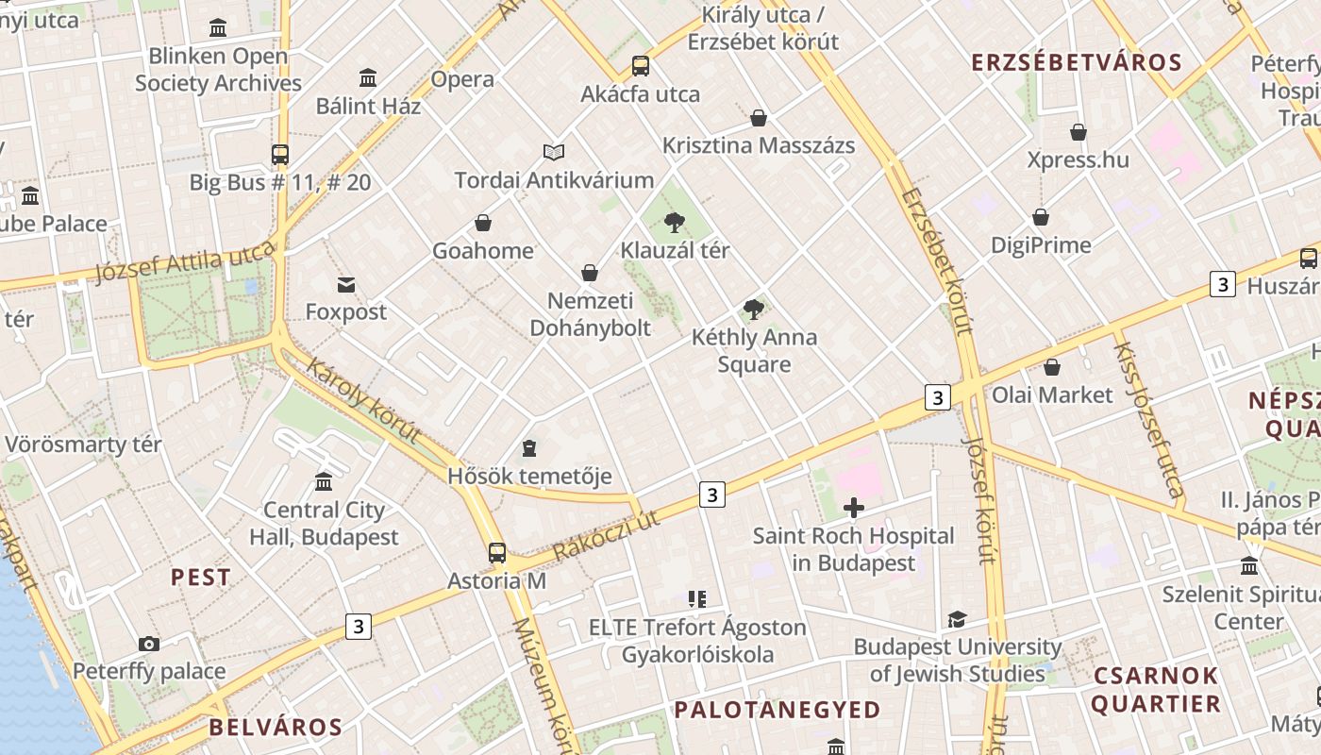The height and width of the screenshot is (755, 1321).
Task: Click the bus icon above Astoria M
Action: [497, 553]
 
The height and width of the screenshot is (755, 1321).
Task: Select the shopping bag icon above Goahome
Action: [483, 223]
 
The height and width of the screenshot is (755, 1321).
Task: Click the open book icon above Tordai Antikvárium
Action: [554, 152]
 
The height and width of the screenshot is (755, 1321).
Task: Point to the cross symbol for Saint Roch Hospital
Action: [853, 509]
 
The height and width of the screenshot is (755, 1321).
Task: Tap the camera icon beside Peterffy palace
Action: [149, 645]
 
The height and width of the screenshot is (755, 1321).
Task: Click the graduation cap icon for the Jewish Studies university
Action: [957, 620]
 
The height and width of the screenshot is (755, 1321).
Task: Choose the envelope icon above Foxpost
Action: [345, 285]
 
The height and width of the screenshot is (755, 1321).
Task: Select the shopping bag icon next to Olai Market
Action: [1052, 367]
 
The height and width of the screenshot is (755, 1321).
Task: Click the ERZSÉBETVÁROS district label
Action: [1077, 62]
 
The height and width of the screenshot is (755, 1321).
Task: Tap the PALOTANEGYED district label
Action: [778, 710]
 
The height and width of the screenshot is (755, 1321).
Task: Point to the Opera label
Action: [462, 79]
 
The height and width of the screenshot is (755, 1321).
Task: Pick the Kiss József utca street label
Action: [1147, 419]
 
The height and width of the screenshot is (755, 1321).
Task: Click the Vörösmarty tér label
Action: [83, 444]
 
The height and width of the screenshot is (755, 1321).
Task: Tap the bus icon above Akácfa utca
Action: [641, 66]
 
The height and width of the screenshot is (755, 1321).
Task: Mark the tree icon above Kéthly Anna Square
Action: [753, 309]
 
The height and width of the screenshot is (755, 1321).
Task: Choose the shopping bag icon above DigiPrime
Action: [1041, 218]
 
